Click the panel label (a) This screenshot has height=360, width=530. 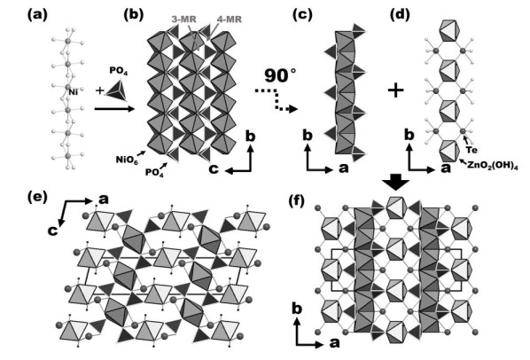coord(37,15)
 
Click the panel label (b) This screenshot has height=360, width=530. coord(134,15)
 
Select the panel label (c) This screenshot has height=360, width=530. coord(302,15)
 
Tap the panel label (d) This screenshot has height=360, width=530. coord(400,15)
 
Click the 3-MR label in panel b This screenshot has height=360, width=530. coord(183,20)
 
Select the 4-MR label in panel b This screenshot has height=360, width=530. coord(230,20)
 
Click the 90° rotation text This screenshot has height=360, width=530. coord(280,75)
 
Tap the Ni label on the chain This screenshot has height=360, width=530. coord(73,91)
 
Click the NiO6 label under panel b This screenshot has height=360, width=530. coord(127,160)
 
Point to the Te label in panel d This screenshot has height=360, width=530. coord(472,150)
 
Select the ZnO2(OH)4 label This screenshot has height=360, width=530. coord(493,166)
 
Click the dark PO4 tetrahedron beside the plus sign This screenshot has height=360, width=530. coord(117,90)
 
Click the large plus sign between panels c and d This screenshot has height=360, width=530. coord(396,90)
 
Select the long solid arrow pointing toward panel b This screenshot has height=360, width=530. coord(114,108)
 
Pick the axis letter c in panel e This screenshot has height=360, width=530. coord(52,231)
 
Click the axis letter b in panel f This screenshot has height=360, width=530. coord(297,309)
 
